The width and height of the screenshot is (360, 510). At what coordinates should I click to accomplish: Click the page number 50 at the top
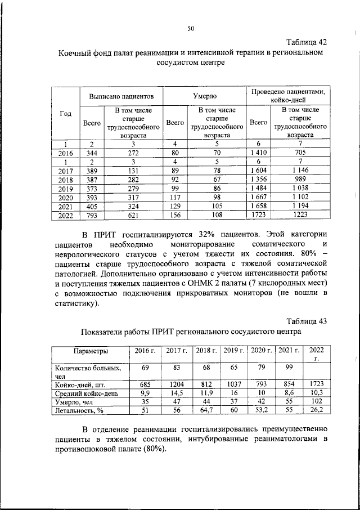point(190,29)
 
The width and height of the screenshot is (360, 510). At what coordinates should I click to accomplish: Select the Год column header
point(65,114)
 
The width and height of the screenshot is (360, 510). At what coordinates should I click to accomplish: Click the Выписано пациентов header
point(122,97)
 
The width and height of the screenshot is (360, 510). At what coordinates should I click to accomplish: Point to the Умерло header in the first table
point(205,97)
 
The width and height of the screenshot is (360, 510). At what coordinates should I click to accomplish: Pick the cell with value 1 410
point(259,153)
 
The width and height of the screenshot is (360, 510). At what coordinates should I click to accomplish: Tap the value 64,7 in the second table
point(206,410)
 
